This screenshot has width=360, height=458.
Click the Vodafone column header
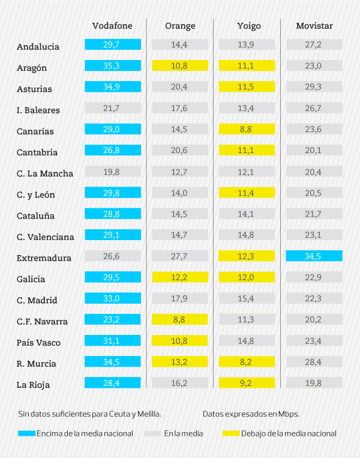pyautogui.click(x=112, y=26)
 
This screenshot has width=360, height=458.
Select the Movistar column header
pyautogui.click(x=314, y=26)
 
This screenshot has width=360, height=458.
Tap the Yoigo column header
pyautogui.click(x=247, y=26)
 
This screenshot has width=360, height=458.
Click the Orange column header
pyautogui.click(x=180, y=26)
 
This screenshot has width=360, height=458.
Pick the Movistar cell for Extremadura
pyautogui.click(x=314, y=256)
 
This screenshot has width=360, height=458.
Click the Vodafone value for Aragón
pyautogui.click(x=113, y=65)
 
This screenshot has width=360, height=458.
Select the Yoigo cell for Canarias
pyautogui.click(x=247, y=129)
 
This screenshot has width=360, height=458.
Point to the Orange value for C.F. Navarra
pyautogui.click(x=180, y=319)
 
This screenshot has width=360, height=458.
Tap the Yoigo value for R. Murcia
pyautogui.click(x=247, y=361)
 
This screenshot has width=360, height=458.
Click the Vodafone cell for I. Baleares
pyautogui.click(x=113, y=108)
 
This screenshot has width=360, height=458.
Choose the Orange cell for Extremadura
pyautogui.click(x=180, y=256)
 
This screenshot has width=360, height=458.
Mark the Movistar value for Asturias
pyautogui.click(x=314, y=87)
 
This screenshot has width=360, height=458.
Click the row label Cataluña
pyautogui.click(x=35, y=215)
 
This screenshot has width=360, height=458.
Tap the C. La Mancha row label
pyautogui.click(x=45, y=173)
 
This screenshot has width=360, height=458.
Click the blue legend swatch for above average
pyautogui.click(x=26, y=433)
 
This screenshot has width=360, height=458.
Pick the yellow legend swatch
pyautogui.click(x=230, y=433)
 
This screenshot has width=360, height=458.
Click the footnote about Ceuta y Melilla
pyautogui.click(x=89, y=414)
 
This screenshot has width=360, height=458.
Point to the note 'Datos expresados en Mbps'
pyautogui.click(x=251, y=414)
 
